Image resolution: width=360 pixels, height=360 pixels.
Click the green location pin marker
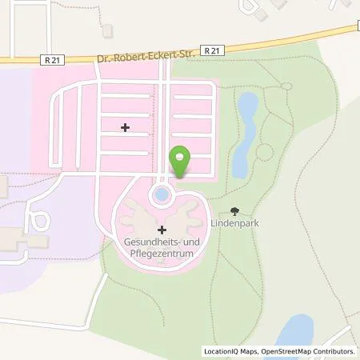180,160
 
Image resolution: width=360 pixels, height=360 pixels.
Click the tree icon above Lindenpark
234,212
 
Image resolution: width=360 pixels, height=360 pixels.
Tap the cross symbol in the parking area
124,127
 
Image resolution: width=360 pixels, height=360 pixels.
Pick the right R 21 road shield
210,50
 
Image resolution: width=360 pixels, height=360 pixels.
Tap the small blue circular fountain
162,193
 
